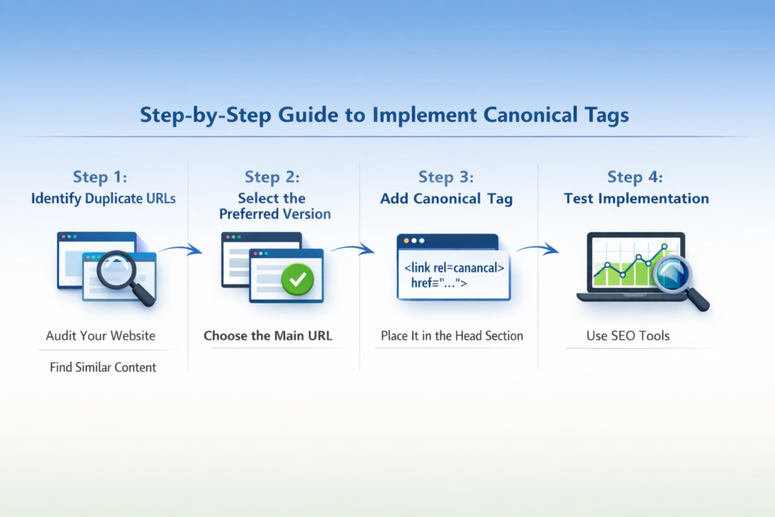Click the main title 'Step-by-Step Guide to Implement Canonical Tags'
[384, 117]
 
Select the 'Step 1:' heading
[100, 177]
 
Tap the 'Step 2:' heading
[272, 177]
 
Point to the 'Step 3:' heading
[446, 177]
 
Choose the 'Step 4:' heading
[635, 177]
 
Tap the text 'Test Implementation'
[636, 199]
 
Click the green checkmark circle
[297, 280]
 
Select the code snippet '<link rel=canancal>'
[454, 268]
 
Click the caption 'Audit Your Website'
[100, 335]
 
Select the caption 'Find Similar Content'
[103, 367]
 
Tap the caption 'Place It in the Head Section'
[451, 335]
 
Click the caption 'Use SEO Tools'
[627, 335]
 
